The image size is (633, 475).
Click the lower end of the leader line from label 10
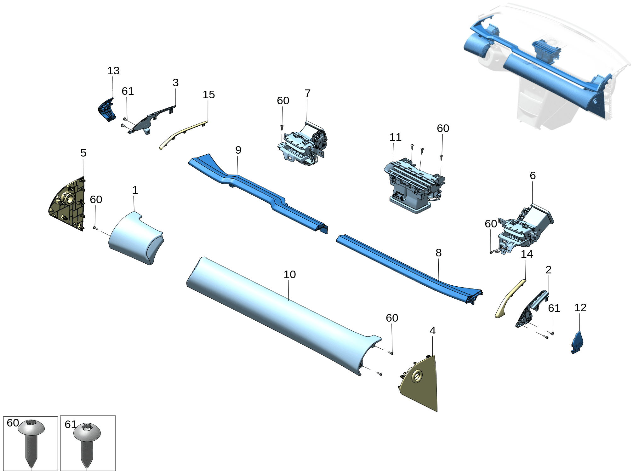(289, 300)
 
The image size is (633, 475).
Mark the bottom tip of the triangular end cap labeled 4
(437, 411)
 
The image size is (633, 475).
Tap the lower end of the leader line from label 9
(237, 175)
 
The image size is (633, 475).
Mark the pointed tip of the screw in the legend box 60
(31, 467)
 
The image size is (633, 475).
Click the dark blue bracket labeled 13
(106, 110)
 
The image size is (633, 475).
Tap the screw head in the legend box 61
(87, 432)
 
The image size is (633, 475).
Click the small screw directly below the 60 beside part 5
(95, 228)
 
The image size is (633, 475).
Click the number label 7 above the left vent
(308, 93)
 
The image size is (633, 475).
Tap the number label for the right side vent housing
(533, 175)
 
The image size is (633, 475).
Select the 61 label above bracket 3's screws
(128, 91)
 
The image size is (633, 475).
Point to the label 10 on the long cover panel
(290, 274)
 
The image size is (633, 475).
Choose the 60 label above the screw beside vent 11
(443, 128)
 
